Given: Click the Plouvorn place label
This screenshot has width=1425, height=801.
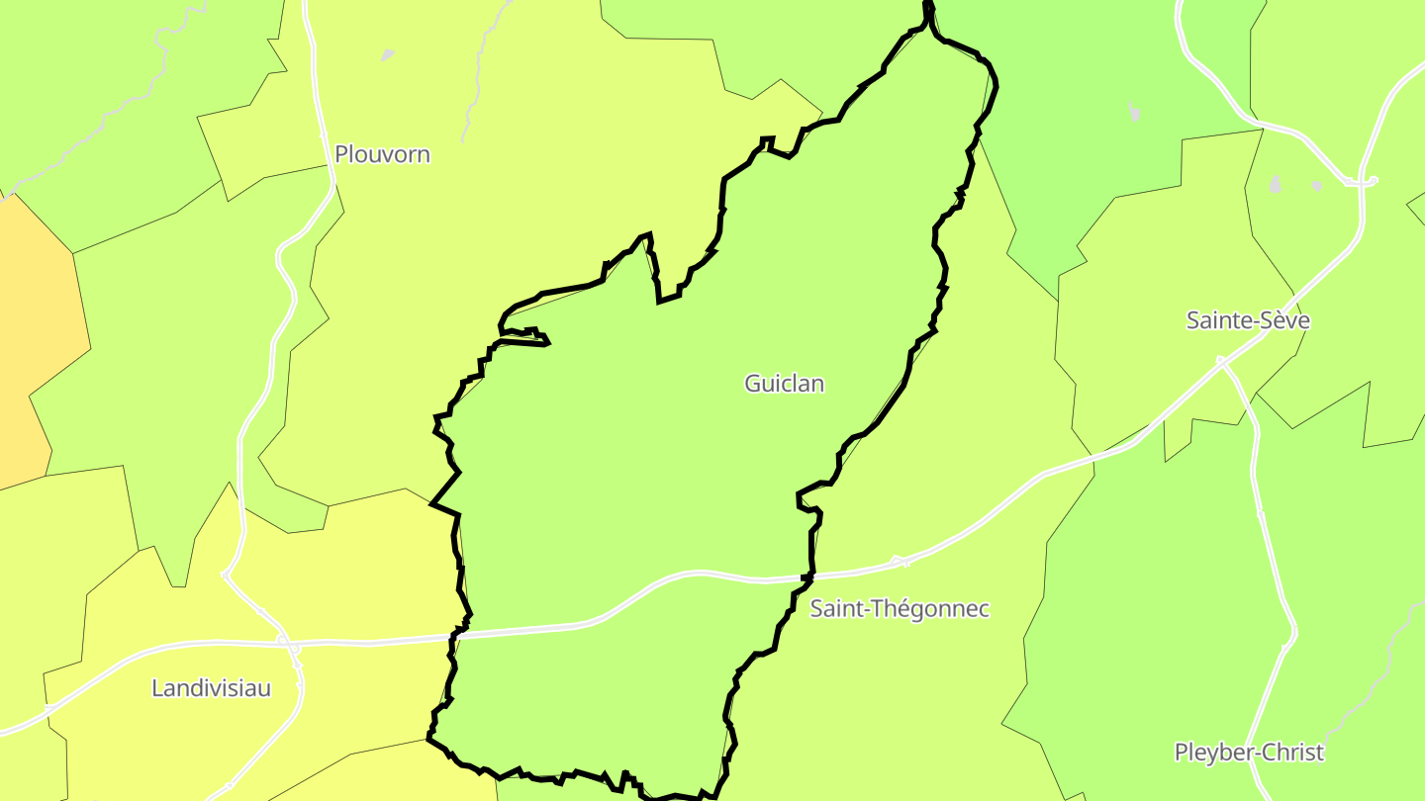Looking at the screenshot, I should (382, 154).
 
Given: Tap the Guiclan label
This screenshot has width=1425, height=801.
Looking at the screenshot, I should (784, 384).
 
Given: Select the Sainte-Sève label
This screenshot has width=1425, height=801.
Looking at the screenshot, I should (1248, 320).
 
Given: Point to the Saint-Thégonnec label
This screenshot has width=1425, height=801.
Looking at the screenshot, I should (899, 608).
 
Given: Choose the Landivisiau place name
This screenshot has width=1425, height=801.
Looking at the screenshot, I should (211, 688).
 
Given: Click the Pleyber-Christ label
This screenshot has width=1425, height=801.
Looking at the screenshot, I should (1249, 752).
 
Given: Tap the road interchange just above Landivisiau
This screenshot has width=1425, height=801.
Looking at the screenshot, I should (288, 644).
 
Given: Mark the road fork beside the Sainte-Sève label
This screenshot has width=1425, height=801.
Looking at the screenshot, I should (1224, 363).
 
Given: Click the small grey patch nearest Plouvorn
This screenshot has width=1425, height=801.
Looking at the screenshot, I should (388, 54).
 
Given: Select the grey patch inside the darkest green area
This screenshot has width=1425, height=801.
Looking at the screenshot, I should (1134, 112).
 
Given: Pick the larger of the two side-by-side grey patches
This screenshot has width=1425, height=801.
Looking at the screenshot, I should (1276, 184).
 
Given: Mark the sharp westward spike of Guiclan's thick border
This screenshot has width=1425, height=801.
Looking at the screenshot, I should (432, 504).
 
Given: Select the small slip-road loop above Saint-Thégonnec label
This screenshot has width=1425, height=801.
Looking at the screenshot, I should (900, 562).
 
